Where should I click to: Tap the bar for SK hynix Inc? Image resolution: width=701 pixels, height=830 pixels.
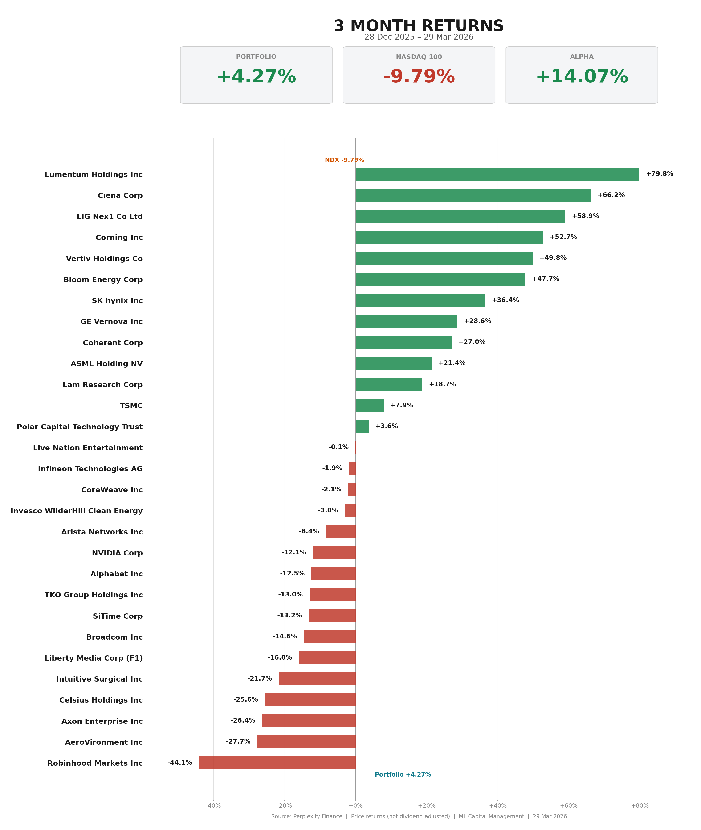click(420, 300)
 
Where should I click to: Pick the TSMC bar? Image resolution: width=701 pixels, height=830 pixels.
click(370, 406)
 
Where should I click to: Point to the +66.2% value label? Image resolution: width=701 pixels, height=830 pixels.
click(611, 195)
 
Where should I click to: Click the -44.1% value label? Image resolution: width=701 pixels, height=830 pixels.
click(180, 762)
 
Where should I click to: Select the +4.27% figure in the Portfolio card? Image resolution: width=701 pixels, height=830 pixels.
click(256, 77)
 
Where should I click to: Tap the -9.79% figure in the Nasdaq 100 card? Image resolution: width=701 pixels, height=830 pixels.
click(419, 77)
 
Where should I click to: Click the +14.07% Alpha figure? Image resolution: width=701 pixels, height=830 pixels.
click(581, 77)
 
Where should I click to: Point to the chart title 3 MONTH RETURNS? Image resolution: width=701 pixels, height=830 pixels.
click(419, 26)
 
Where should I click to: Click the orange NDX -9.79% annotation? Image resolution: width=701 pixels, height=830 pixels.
click(344, 160)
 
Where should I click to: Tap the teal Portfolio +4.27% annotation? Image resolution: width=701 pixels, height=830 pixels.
click(403, 774)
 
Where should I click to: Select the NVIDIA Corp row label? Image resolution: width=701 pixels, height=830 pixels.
click(117, 553)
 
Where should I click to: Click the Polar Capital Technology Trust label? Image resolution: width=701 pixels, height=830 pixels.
click(79, 427)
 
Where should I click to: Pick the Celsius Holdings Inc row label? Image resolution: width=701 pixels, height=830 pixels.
click(101, 700)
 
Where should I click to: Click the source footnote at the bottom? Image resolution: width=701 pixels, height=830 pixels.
click(419, 817)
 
